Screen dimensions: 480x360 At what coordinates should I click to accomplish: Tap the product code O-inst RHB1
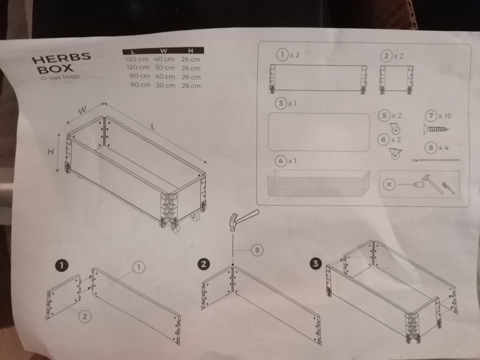pos(60,77)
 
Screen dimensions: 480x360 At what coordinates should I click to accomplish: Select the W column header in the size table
pos(164,51)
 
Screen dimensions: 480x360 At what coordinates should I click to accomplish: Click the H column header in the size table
pos(190,50)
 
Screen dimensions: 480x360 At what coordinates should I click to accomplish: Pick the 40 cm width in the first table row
pos(164,59)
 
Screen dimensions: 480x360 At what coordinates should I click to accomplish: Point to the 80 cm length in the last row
pos(140,85)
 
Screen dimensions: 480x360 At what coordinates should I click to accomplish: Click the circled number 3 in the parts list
pos(281,103)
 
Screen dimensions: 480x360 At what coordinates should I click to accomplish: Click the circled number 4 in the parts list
pos(280,161)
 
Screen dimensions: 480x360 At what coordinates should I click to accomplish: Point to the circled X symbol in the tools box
pos(389,184)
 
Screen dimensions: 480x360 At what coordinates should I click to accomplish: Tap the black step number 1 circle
pos(61,265)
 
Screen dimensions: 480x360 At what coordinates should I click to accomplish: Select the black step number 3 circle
pos(315,263)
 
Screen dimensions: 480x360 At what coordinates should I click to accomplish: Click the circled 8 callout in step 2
pos(257,250)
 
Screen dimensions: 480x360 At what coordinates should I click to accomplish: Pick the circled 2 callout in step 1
pos(85,316)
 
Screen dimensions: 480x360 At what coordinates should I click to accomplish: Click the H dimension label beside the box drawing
pos(51,151)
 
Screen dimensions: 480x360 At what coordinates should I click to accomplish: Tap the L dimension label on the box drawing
pos(153,126)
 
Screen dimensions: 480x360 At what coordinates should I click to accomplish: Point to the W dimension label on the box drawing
pos(82,110)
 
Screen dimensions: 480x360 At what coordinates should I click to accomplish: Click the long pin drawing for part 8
pos(435,160)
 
